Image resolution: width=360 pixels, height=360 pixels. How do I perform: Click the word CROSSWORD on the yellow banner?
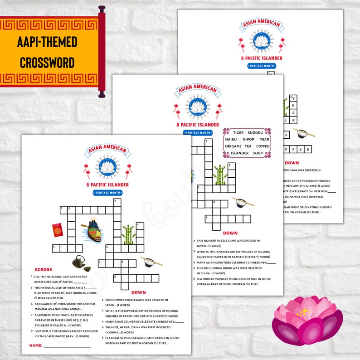coord(48,62)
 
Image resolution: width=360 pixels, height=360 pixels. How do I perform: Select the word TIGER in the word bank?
coord(238,132)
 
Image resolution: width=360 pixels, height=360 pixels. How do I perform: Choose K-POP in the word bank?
coord(248,139)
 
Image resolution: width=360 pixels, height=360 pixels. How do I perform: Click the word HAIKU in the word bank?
coord(231,139)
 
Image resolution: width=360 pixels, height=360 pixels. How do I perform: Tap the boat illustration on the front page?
coord(91,230)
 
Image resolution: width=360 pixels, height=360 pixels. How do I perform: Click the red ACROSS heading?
coord(43,269)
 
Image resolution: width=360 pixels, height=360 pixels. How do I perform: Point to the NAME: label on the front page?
coord(36,345)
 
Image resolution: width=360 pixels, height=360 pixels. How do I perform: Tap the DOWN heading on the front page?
coord(138,292)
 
